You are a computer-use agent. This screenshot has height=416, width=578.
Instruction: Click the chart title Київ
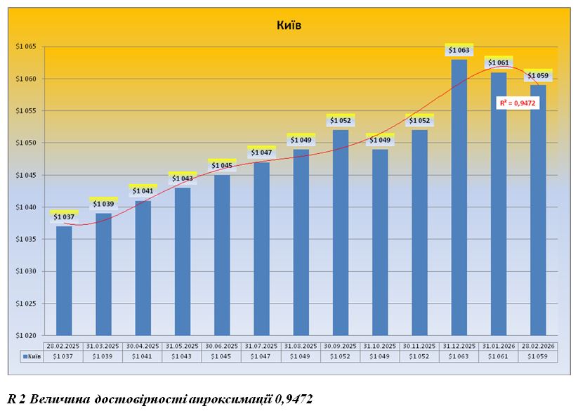pos(289,26)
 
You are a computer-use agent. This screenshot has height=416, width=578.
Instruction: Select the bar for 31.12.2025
pos(459,197)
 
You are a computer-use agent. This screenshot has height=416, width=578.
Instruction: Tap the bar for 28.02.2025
pos(64,280)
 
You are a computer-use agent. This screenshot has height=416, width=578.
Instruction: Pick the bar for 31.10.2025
pos(380,242)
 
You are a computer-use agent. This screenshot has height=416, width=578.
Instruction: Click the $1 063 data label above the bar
pos(459,50)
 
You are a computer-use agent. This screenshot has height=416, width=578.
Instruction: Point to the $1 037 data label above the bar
pos(64,216)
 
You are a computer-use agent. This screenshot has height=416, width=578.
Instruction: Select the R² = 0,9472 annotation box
pos(518,103)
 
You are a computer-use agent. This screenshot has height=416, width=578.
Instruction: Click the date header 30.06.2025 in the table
pos(221,346)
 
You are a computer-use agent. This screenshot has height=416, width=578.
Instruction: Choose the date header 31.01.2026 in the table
pos(498,346)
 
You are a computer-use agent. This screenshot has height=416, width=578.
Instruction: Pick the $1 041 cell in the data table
pos(143,357)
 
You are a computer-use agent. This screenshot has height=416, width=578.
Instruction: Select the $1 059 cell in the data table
pos(537,357)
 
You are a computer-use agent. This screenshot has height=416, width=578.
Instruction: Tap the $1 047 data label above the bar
pos(261,152)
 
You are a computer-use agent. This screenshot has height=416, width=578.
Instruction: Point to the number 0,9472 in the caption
pos(294,400)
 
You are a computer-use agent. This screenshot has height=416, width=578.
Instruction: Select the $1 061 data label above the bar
pos(498,63)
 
